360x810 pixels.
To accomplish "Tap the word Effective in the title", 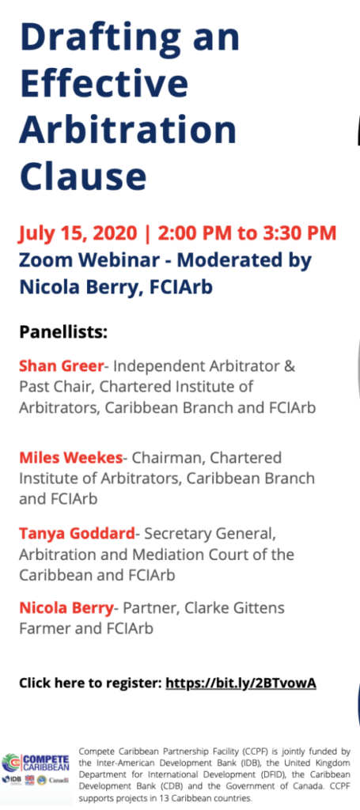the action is pyautogui.click(x=104, y=82).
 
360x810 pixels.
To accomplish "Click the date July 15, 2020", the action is pyautogui.click(x=78, y=233).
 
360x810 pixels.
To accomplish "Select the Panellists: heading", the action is pyautogui.click(x=63, y=331).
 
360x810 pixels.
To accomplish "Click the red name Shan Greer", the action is pyautogui.click(x=62, y=366).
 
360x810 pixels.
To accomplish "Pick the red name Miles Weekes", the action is pyautogui.click(x=70, y=457).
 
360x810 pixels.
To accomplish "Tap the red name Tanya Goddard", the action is pyautogui.click(x=77, y=533).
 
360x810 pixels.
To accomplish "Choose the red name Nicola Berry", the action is pyautogui.click(x=66, y=608).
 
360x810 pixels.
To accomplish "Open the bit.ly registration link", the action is pyautogui.click(x=241, y=683).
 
